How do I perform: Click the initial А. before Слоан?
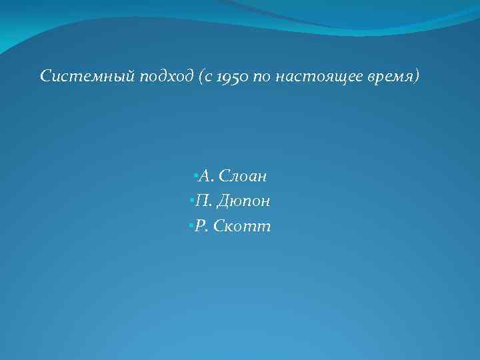(x=206, y=177)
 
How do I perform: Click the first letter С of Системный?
(x=45, y=77)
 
